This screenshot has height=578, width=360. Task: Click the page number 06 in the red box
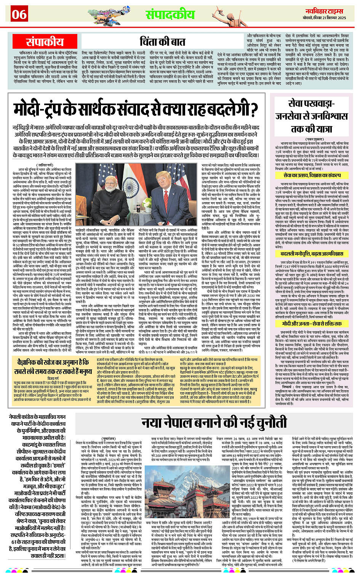[19, 14]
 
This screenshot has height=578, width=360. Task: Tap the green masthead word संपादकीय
[170, 14]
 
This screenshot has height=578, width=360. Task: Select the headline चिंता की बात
[163, 41]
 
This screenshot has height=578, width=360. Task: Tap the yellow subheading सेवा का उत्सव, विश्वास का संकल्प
[312, 176]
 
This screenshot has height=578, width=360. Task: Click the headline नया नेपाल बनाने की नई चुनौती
[213, 423]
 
